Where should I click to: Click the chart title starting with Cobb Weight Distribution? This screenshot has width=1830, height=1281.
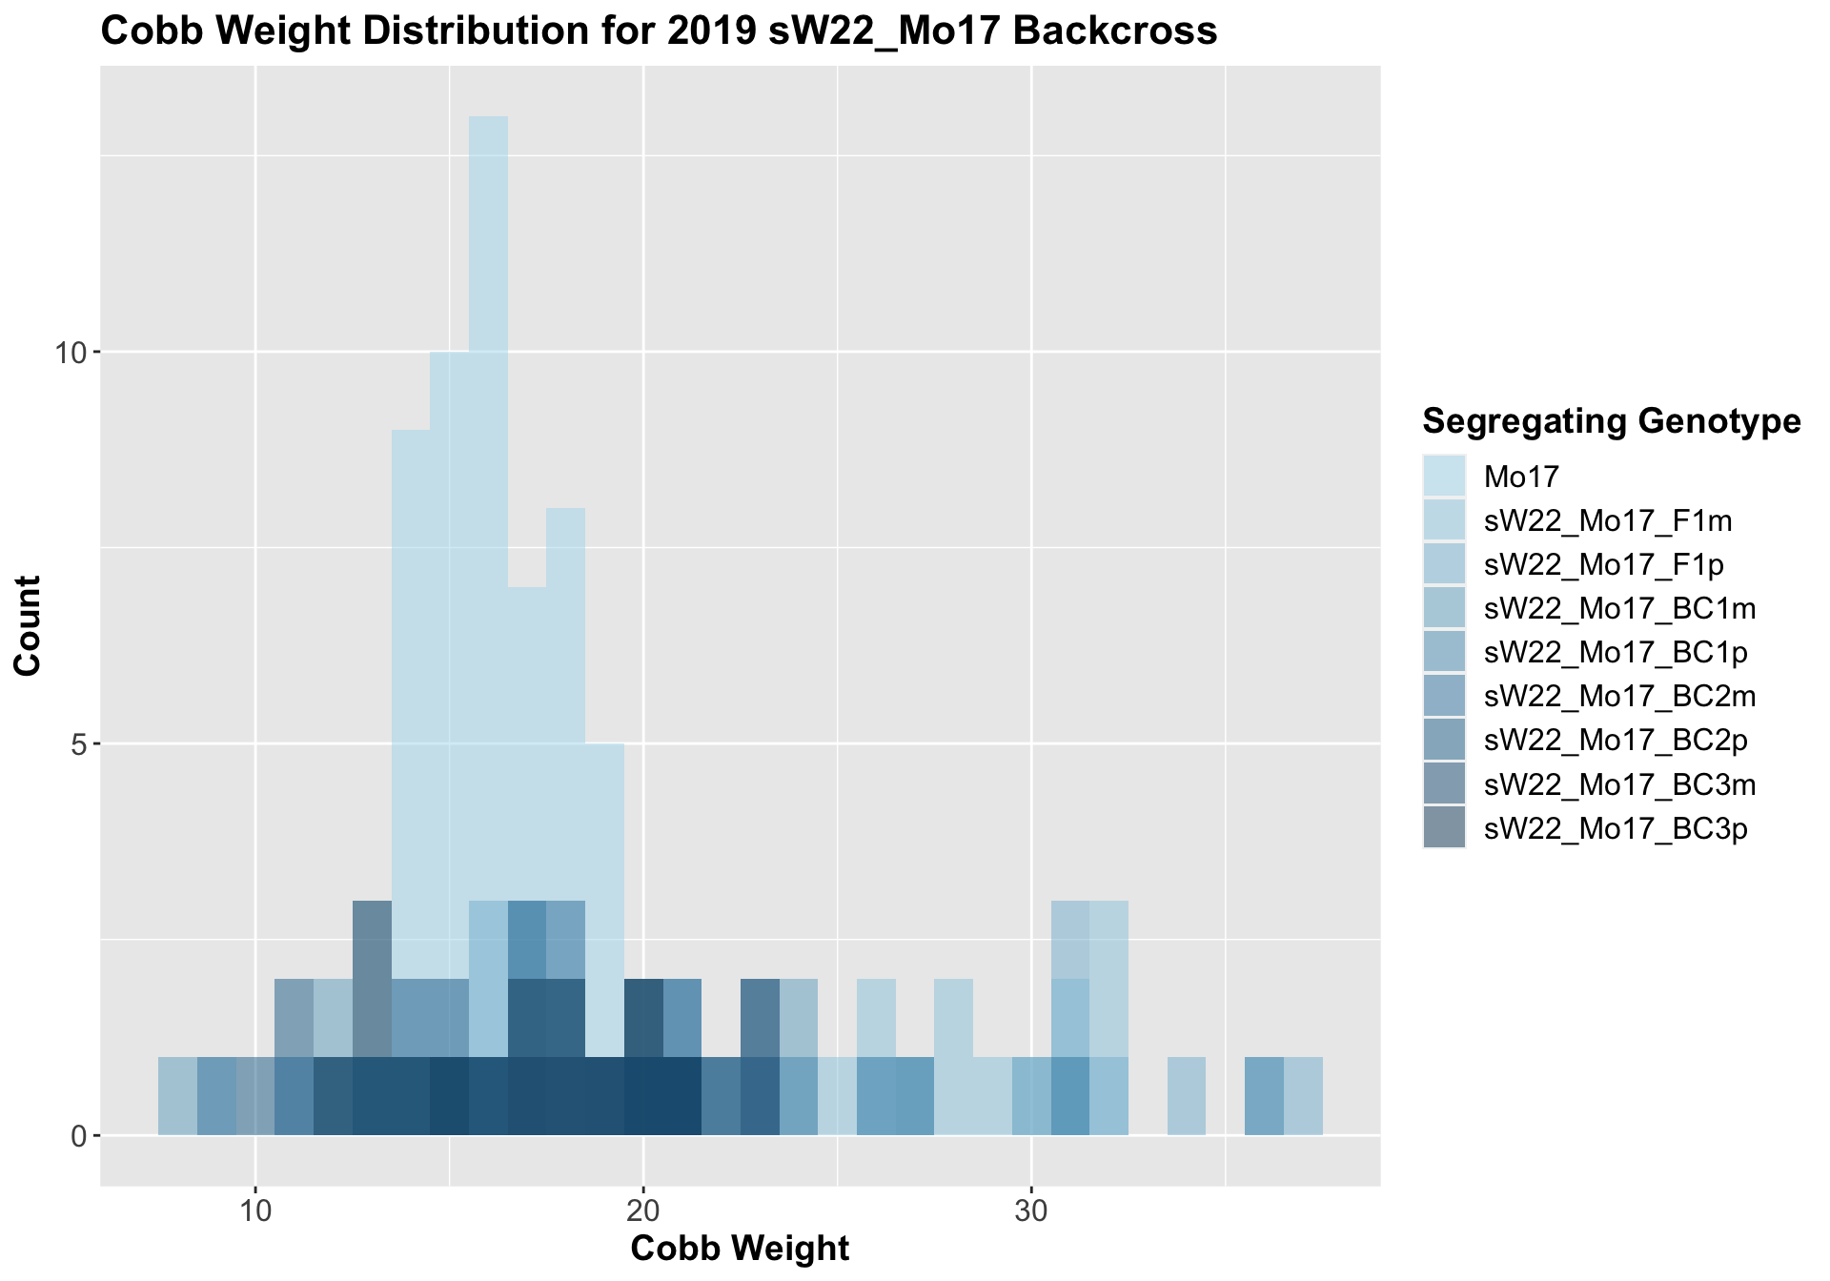[658, 31]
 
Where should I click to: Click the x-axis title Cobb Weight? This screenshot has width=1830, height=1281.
[740, 1248]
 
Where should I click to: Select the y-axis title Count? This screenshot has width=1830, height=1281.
[28, 625]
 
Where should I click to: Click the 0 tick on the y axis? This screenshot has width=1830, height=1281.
[80, 1136]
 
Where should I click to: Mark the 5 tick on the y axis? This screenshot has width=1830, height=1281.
[80, 744]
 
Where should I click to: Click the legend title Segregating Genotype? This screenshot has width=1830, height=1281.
[1611, 420]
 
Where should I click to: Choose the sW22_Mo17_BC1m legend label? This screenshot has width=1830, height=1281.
[1619, 609]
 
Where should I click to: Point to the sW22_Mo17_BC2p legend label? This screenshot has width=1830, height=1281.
[1616, 741]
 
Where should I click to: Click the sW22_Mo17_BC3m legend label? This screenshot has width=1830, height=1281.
[1619, 784]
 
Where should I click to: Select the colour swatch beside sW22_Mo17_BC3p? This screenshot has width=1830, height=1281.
[1444, 828]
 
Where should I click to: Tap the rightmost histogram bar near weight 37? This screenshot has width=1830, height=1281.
[1303, 1096]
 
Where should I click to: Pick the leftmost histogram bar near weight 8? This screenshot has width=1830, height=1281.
[177, 1096]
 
